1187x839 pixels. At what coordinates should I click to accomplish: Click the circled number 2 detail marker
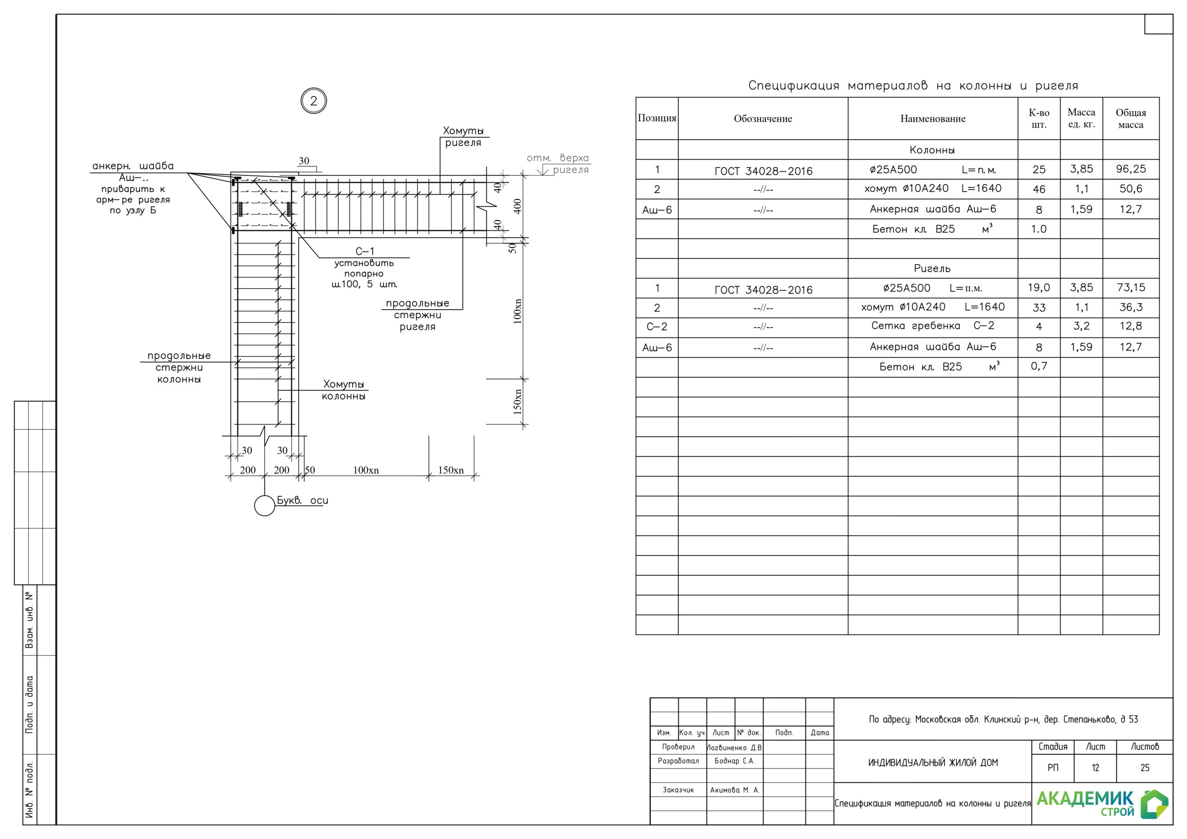[x=313, y=101]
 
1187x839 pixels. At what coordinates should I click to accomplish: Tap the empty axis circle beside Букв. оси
[x=264, y=506]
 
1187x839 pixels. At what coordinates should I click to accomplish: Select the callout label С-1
[x=364, y=251]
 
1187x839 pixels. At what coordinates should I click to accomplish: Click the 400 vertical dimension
[x=517, y=206]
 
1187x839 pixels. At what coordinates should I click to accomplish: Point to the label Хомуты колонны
[x=343, y=390]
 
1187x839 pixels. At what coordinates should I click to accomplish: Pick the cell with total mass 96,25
[x=1130, y=169]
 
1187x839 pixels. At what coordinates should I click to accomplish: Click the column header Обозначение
[x=763, y=118]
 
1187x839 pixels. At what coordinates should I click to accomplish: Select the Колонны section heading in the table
[x=932, y=150]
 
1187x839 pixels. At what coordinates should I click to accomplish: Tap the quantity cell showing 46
[x=1039, y=189]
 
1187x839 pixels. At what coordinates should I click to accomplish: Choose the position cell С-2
[x=657, y=327]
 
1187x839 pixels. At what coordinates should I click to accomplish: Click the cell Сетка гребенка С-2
[x=932, y=326]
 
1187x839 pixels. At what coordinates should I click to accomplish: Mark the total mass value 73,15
[x=1130, y=287]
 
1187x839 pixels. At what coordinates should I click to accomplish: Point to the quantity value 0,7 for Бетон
[x=1039, y=366]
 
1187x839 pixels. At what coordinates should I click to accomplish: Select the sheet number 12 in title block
[x=1095, y=768]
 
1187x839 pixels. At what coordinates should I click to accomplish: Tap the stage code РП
[x=1053, y=768]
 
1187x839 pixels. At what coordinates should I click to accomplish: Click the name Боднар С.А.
[x=734, y=761]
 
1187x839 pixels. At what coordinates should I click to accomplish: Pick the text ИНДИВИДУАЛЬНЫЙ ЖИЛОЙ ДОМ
[x=932, y=763]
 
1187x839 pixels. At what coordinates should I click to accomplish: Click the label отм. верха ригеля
[x=558, y=163]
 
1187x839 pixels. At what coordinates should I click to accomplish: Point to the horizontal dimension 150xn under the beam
[x=451, y=470]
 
